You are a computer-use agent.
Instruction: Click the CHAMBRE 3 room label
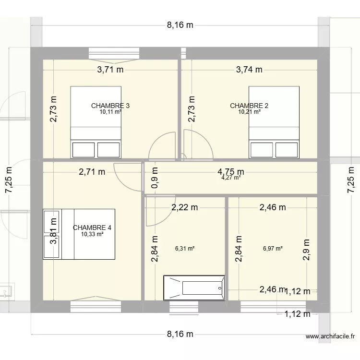pos(110,106)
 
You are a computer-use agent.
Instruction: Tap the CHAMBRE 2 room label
pos(249,106)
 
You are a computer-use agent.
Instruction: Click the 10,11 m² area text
pos(110,112)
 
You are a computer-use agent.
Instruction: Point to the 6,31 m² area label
pos(185,249)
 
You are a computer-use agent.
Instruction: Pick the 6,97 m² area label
pos(273,249)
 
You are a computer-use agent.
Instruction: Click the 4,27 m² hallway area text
pos(231,178)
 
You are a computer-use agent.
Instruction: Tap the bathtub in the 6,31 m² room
pos(194,288)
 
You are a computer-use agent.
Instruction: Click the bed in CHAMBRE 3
pos(96,122)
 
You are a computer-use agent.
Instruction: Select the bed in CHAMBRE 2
pos(274,122)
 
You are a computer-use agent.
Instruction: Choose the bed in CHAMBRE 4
pos(79,234)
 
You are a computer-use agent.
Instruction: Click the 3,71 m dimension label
pos(110,70)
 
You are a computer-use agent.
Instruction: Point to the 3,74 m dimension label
pos(249,70)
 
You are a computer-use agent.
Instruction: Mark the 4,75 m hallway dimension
pos(231,171)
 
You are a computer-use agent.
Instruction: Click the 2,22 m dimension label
pos(185,208)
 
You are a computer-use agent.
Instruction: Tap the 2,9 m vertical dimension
pos(307,250)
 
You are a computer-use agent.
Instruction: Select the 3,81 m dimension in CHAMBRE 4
pos(54,232)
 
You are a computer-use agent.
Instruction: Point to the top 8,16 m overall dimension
pos(180,25)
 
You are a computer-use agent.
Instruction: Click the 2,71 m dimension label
pos(92,171)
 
